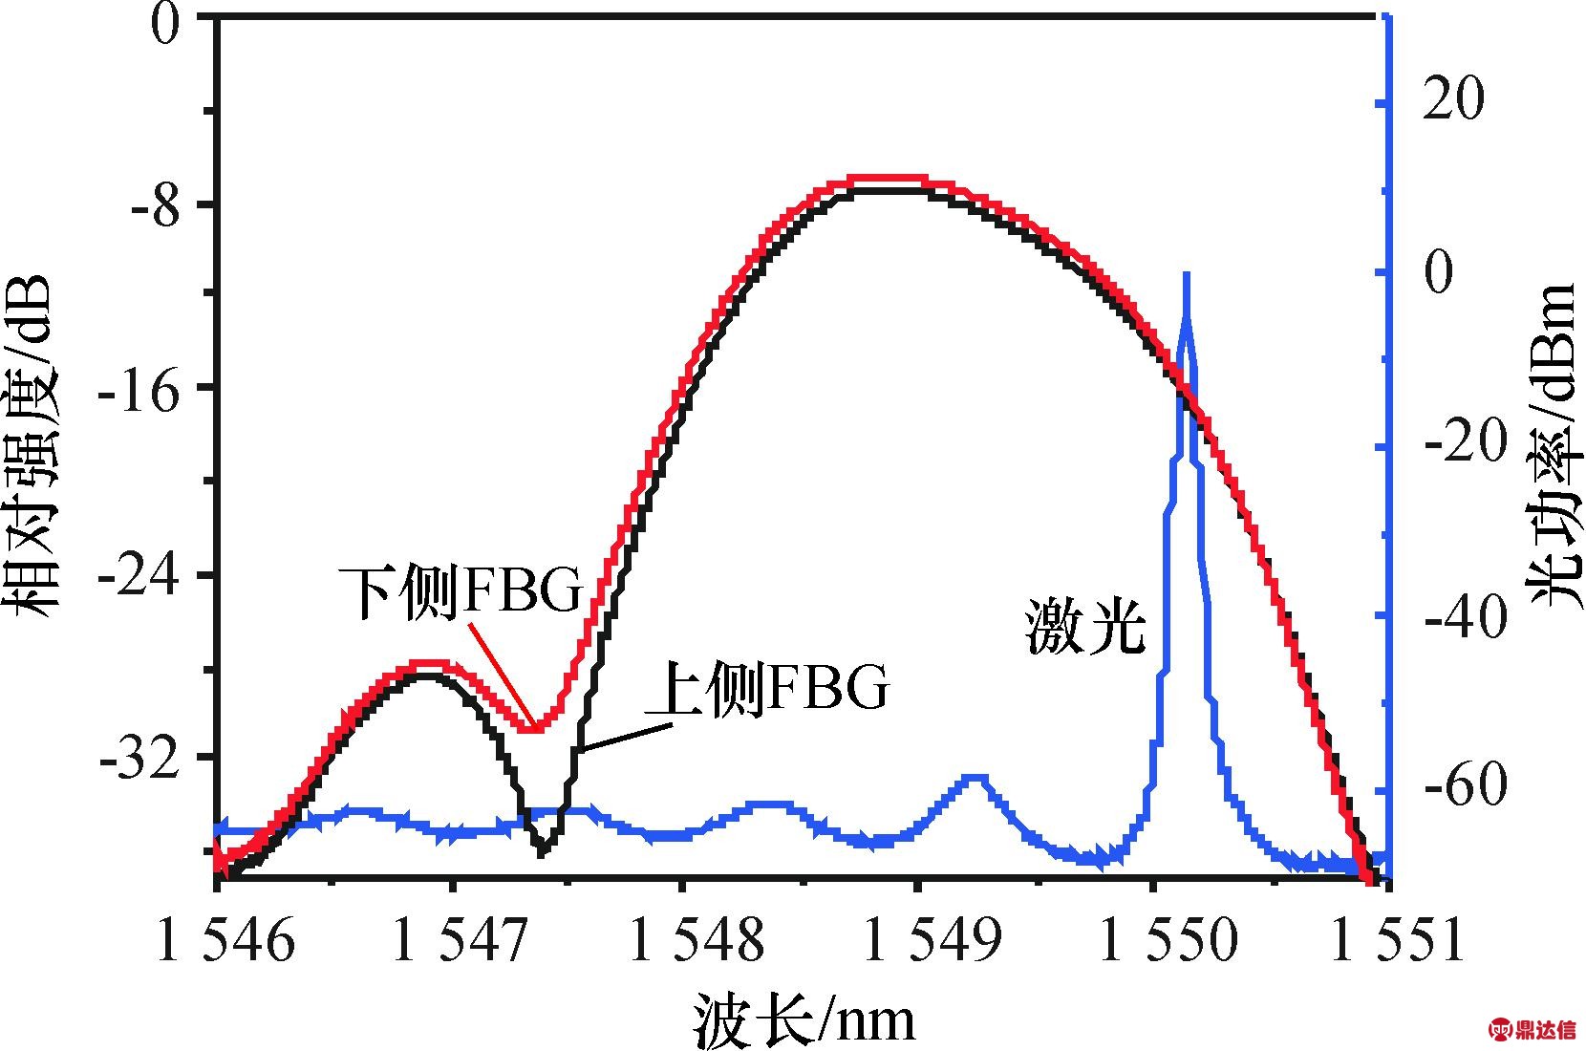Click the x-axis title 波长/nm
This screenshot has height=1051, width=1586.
click(803, 1018)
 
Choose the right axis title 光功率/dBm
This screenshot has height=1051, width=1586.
click(1553, 444)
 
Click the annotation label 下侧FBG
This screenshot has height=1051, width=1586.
click(461, 591)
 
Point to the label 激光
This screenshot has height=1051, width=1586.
click(1086, 627)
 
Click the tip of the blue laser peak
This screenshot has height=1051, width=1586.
click(1186, 275)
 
